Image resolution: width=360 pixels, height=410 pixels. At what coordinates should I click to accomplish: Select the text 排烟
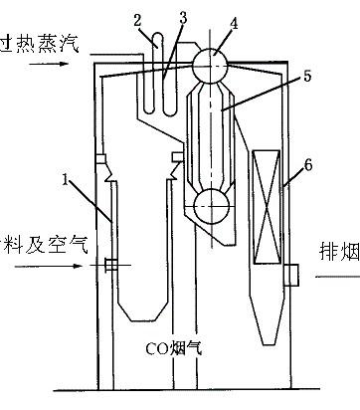(337, 249)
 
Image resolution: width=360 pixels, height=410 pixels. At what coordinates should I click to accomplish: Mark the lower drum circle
(211, 208)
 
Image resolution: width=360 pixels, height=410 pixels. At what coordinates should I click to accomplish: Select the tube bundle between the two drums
(211, 139)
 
